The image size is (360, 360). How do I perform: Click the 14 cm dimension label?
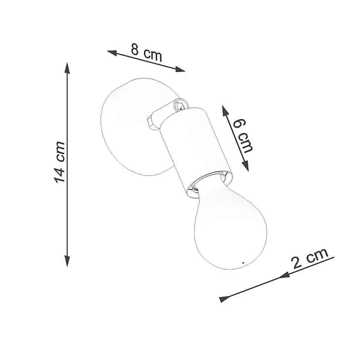(59, 162)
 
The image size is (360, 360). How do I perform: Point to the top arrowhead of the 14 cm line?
(67, 68)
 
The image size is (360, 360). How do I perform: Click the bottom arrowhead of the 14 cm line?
(67, 261)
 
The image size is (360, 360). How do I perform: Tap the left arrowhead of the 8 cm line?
(112, 53)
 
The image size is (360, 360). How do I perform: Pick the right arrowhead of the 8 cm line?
(180, 69)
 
